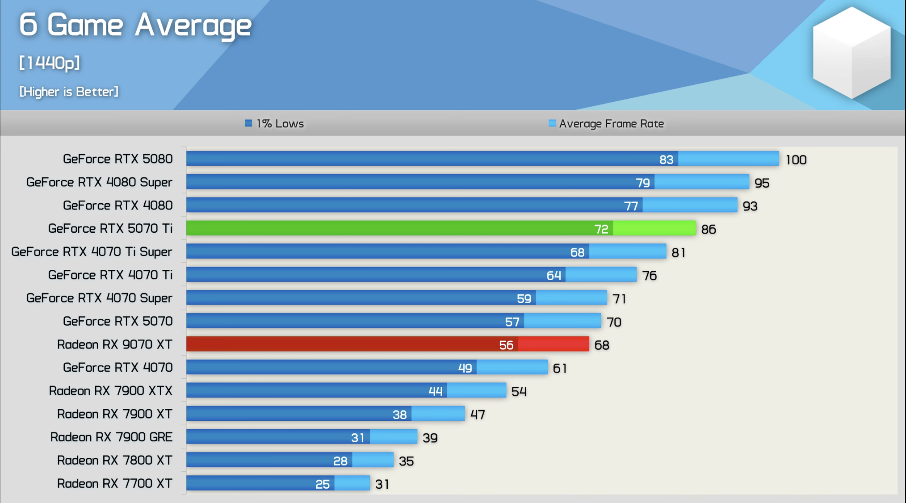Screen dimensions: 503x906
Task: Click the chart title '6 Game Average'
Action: (x=135, y=25)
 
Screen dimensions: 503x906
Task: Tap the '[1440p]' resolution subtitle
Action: (x=50, y=63)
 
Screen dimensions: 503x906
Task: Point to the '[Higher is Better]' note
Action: (x=69, y=92)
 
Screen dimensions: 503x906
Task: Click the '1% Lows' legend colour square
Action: (x=248, y=123)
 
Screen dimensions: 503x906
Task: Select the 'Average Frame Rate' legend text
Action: (x=611, y=124)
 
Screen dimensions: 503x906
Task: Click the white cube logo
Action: (x=851, y=53)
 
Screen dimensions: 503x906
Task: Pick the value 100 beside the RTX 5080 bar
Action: (x=796, y=160)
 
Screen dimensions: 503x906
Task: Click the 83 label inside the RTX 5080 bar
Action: (x=666, y=159)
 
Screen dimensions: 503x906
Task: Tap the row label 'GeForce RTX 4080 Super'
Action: (x=99, y=182)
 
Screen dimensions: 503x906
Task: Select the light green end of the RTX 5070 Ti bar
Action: (x=654, y=228)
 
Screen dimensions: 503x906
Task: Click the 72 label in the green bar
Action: (x=601, y=229)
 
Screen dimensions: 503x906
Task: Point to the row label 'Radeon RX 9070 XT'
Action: (x=114, y=344)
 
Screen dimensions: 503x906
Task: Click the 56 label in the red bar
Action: (x=506, y=345)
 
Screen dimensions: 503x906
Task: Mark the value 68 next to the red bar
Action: (x=601, y=345)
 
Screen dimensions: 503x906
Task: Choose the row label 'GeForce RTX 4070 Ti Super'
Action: (x=92, y=252)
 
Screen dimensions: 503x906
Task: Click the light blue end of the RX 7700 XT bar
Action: (x=352, y=483)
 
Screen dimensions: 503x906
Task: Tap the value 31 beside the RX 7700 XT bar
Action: (x=382, y=484)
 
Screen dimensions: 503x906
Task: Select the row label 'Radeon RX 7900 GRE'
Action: (x=111, y=437)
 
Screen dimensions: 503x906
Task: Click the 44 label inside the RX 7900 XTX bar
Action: (x=435, y=391)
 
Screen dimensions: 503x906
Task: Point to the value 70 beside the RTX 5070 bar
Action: (x=614, y=322)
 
